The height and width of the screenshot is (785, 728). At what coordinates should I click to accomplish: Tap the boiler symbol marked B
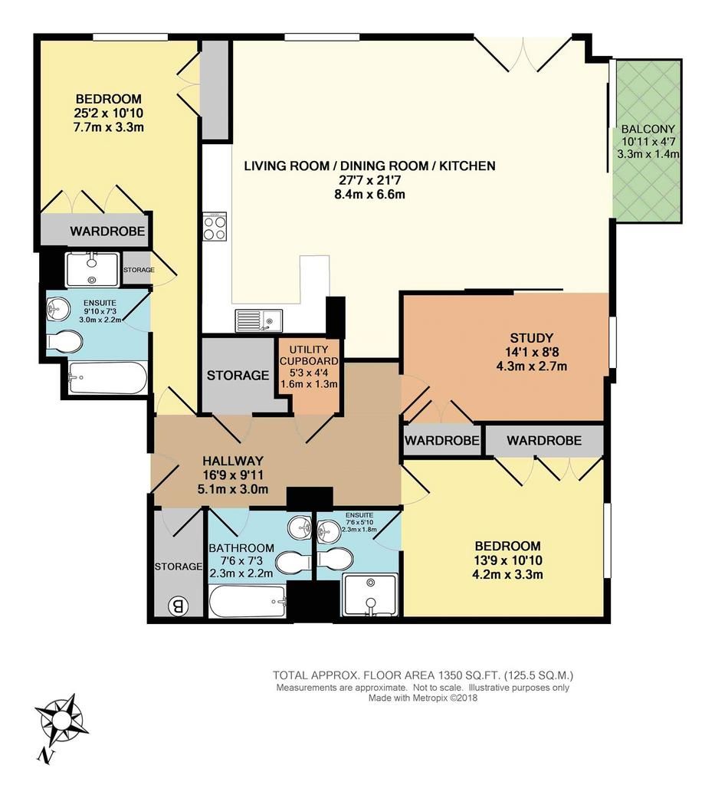179,607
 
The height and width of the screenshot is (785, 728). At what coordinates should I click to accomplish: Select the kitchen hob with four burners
214,227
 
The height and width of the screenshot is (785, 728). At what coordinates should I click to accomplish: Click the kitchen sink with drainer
259,320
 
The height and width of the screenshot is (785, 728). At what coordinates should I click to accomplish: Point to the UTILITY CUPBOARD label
309,355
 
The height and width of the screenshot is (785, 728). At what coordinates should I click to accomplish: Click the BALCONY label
648,129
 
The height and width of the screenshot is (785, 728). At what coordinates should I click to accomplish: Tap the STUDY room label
531,337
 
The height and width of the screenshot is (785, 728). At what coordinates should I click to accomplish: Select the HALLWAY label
233,461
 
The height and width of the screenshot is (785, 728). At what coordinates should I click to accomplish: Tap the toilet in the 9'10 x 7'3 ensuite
64,342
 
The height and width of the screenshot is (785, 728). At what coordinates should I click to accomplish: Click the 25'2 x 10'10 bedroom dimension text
108,113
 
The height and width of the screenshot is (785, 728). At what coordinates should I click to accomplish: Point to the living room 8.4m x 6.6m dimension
369,194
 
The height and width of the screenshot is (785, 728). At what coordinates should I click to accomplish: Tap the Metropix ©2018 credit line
423,698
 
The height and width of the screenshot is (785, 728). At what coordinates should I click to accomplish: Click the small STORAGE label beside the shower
139,270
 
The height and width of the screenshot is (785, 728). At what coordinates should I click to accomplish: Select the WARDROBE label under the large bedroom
107,231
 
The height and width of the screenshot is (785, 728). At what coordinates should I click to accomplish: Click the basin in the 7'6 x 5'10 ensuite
328,529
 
